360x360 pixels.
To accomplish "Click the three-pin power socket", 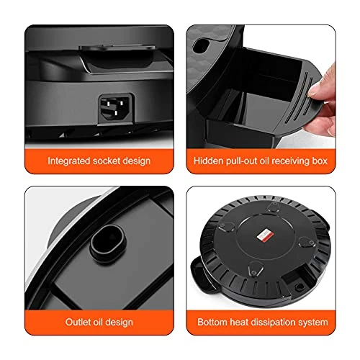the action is pos(116,109).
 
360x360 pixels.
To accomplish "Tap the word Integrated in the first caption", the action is pos(69,161).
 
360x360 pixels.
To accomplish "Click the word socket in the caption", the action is pos(107,161).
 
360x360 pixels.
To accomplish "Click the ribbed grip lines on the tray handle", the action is pos(300,96).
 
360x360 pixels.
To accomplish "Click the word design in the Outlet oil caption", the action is pos(119,323).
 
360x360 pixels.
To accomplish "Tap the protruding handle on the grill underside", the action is pos(200,274).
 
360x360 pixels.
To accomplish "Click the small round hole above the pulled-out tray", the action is pos(201,45).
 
